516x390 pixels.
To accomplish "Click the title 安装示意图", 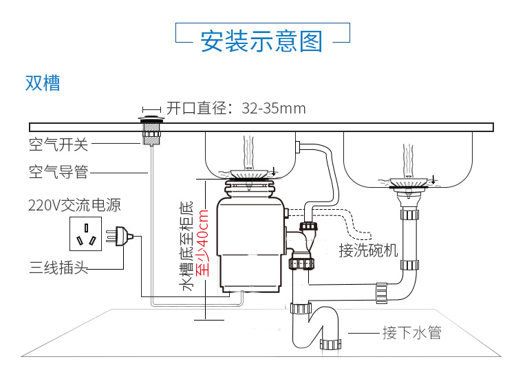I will pos(261,41).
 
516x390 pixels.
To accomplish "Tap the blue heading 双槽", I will pos(43,83).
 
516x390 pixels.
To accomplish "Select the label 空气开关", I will pos(58,144).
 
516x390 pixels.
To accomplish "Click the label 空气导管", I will pos(58,172).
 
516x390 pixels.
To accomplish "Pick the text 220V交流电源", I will pos(74,205).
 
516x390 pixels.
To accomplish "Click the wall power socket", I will pos(87,235).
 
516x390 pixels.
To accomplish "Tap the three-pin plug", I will pos(124,237).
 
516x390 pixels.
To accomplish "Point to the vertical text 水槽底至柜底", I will pos(186,246).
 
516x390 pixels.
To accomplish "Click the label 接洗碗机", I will pos(368,250).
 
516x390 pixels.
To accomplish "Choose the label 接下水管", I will pos(411,333).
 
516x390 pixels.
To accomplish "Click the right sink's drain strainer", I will pos(409,182).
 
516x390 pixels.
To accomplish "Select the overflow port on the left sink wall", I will pos(299,146).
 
